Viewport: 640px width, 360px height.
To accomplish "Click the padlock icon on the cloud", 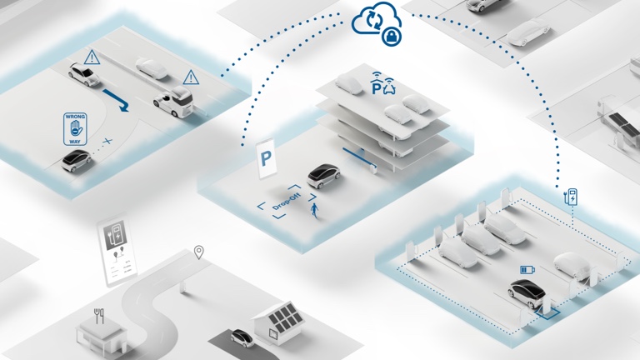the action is point(392,37).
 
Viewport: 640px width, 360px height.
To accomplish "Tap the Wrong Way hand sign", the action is point(75,129).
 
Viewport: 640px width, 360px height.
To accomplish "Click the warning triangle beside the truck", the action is point(191,77).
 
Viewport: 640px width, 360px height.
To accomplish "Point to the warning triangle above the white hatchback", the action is point(92,57).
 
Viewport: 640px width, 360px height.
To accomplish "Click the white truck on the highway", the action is point(173,102).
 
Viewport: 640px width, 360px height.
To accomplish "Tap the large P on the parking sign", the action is point(266,158).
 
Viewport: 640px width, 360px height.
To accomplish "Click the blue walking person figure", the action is point(314,211).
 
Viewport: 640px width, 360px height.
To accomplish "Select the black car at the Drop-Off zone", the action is point(323,176).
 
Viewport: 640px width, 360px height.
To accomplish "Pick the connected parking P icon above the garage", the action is point(382,83).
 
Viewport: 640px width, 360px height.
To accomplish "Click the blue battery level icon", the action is point(527,270).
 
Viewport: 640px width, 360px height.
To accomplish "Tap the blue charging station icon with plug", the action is point(571,197).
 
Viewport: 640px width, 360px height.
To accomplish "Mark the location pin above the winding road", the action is point(199,252).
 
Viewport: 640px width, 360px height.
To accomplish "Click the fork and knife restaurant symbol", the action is point(99,316).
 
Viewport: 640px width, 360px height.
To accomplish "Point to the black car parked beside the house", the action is point(242,338).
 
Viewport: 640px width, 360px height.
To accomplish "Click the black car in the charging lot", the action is point(527,293).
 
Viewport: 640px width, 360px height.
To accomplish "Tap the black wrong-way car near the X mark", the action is point(77,160).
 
